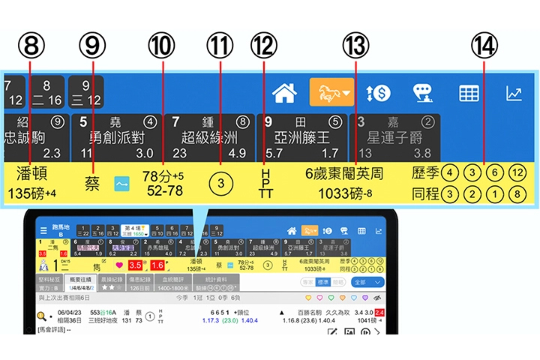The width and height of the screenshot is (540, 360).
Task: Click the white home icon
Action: (x=285, y=93)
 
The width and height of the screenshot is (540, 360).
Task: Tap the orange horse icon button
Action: (x=331, y=93)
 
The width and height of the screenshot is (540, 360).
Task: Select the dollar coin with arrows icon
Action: (x=378, y=93)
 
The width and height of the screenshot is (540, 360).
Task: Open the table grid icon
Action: (x=469, y=93)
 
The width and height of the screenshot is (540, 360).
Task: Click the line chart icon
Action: (x=514, y=93)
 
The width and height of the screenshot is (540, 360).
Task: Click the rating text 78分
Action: (x=158, y=176)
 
